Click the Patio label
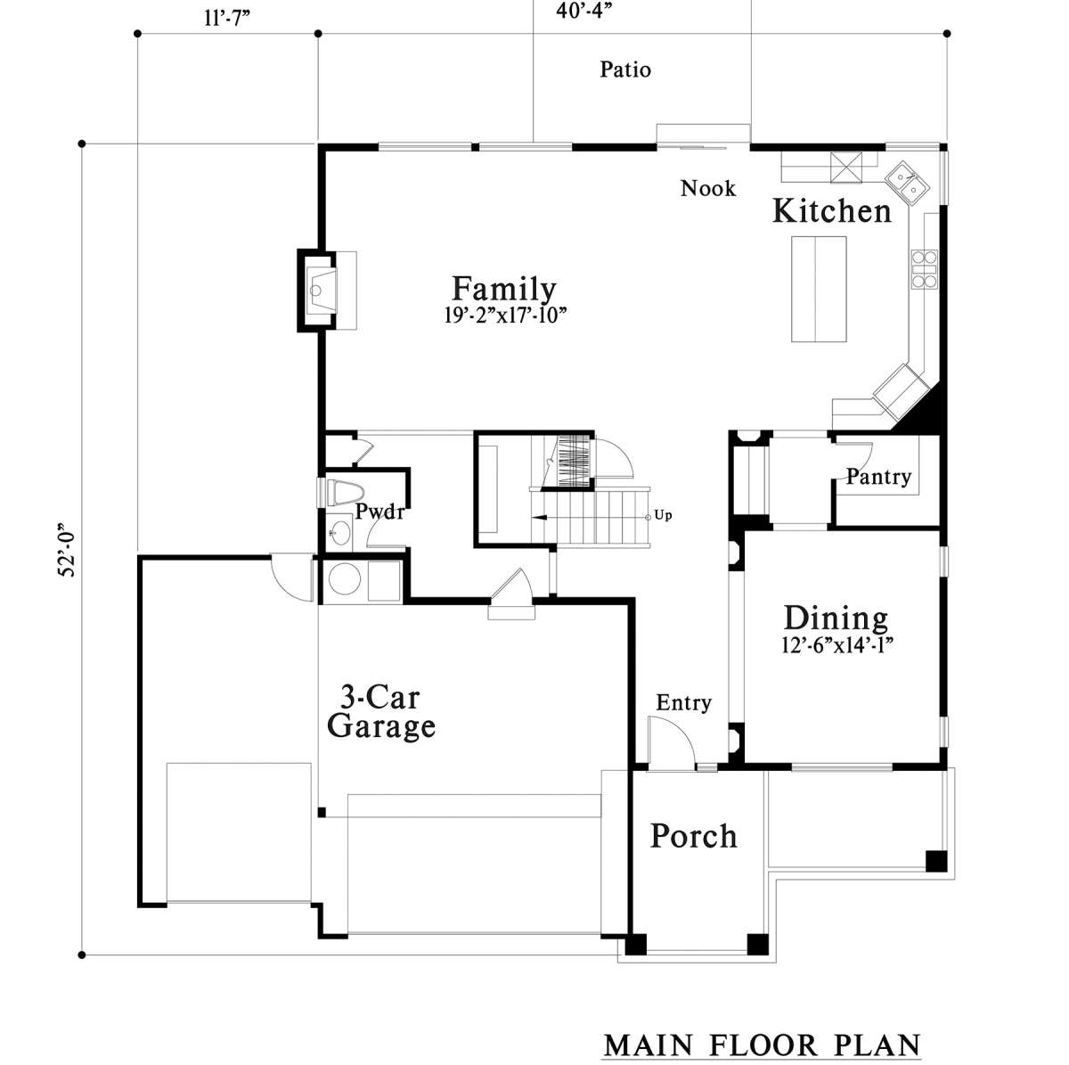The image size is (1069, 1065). [x=625, y=70]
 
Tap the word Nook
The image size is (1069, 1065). [x=708, y=188]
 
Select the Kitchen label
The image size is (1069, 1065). [x=831, y=211]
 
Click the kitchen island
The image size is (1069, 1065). [x=819, y=289]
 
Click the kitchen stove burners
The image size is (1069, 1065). [x=924, y=269]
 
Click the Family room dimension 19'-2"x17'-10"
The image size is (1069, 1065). [x=505, y=315]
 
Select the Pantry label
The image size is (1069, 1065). [x=878, y=476]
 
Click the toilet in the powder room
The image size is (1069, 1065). [x=344, y=492]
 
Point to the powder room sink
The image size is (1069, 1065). [x=338, y=533]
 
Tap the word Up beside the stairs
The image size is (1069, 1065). [x=663, y=515]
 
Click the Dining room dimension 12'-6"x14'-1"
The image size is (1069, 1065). [x=837, y=645]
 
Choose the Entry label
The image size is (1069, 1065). [x=683, y=702]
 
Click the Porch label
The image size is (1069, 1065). [x=693, y=836]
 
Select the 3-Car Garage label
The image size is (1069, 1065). [x=381, y=712]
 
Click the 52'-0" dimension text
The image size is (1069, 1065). [x=67, y=549]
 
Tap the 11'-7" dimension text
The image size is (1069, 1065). [x=227, y=18]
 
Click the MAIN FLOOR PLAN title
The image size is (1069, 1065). [x=763, y=1045]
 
